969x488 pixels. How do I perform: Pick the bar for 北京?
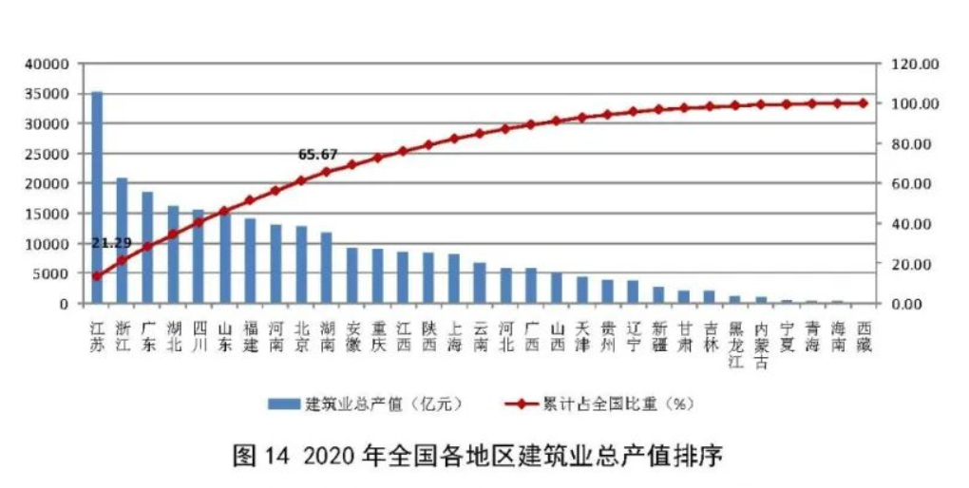tap(301, 265)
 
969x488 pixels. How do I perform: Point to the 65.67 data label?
tap(317, 154)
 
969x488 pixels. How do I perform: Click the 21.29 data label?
tap(110, 243)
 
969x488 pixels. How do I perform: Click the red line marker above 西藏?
tap(863, 103)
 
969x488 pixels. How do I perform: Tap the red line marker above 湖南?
tap(327, 172)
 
